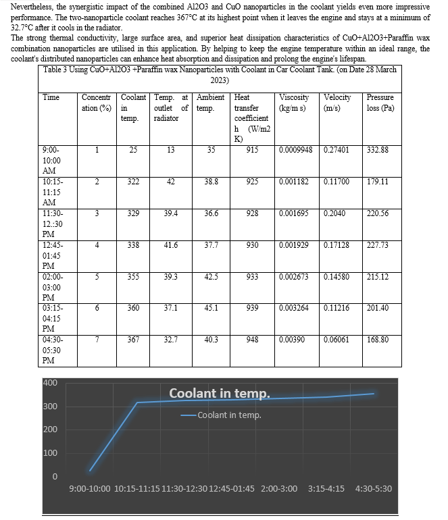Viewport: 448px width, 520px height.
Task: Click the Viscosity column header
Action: pos(295,102)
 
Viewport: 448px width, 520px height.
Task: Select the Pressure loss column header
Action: pos(380,102)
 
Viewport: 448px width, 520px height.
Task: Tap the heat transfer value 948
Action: pos(252,340)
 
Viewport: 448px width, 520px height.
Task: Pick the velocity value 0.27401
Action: pos(336,149)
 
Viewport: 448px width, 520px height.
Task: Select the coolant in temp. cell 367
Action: pos(134,340)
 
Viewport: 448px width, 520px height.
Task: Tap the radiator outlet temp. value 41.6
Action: pos(170,245)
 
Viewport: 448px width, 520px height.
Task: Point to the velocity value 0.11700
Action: pos(336,182)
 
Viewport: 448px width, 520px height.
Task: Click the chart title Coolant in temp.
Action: pos(219,393)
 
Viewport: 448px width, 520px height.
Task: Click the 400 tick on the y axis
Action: pos(50,383)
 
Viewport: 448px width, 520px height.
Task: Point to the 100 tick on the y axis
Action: pos(50,452)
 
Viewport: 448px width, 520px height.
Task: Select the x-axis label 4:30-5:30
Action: pos(373,488)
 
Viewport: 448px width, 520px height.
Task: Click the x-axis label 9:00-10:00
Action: pos(91,488)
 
